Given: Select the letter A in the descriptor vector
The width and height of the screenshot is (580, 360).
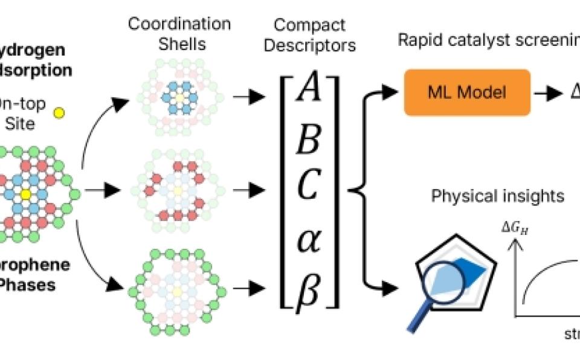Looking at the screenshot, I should (x=307, y=94).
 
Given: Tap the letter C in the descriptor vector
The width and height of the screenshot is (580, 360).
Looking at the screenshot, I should (x=307, y=190).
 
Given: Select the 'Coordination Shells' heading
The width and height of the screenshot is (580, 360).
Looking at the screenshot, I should (x=179, y=33).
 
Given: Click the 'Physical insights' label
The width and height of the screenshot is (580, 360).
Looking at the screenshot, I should (x=497, y=196).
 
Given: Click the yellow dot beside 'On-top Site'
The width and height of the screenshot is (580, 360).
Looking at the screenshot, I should (x=59, y=112).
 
